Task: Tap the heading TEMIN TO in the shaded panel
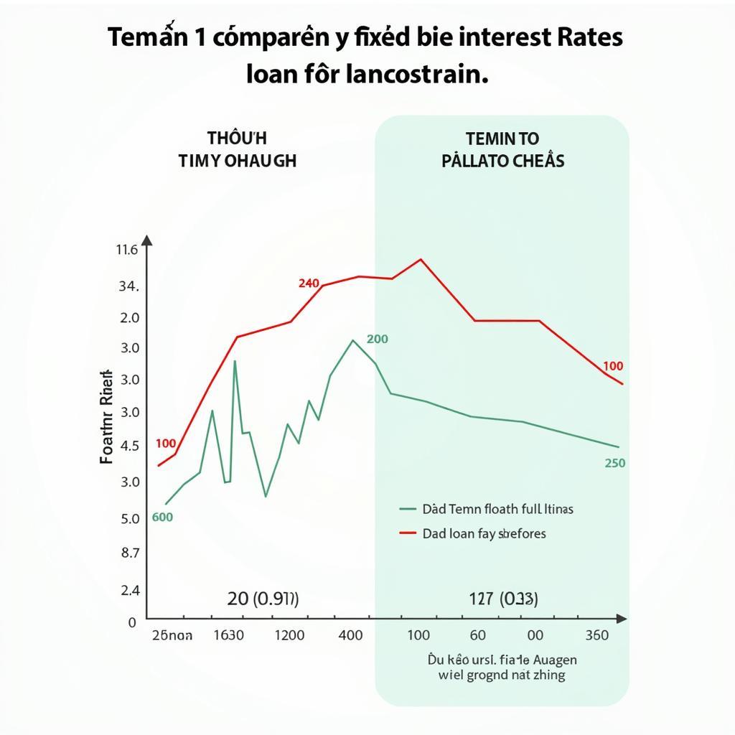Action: [502, 138]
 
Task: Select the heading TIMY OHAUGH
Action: [237, 160]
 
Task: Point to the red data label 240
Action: [309, 284]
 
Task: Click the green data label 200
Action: [377, 340]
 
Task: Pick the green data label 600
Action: [163, 517]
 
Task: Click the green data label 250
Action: [615, 464]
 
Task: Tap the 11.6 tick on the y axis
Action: [126, 251]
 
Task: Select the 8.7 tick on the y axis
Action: [131, 553]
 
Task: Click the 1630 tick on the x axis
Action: [228, 635]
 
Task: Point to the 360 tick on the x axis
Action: [596, 635]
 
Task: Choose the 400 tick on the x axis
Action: [350, 635]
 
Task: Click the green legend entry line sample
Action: [408, 510]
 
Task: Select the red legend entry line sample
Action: [408, 533]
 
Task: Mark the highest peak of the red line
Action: [420, 259]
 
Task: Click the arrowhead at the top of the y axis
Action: [147, 240]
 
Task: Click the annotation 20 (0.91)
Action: [263, 599]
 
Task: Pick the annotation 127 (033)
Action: [493, 599]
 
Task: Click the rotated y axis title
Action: [106, 416]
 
